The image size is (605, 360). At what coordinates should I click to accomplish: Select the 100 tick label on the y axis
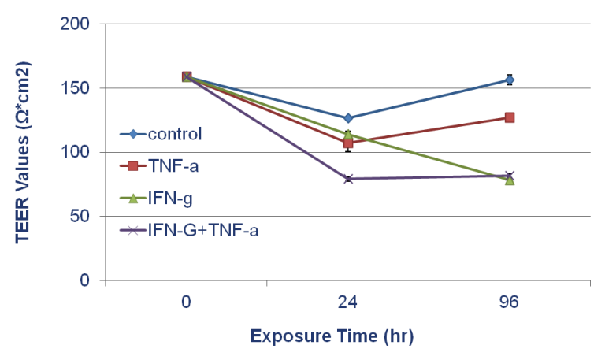click(x=77, y=154)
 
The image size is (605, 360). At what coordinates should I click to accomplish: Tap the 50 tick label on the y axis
click(x=80, y=217)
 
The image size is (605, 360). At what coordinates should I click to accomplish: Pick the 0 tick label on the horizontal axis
click(x=186, y=302)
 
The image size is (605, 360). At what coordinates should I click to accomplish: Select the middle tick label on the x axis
click(x=347, y=302)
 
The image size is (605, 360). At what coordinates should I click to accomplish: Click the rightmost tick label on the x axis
click(x=510, y=302)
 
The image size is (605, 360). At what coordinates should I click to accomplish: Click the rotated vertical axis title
click(x=23, y=158)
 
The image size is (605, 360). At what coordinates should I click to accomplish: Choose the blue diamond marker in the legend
click(x=133, y=134)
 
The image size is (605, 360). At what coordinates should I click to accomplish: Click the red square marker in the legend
click(x=133, y=165)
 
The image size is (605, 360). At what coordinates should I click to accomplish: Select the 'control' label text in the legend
click(x=175, y=134)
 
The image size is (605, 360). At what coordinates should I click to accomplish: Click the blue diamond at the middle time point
click(x=348, y=118)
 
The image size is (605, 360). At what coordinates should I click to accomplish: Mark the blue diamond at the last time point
click(x=510, y=80)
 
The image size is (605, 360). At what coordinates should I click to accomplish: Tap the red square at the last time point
click(x=510, y=117)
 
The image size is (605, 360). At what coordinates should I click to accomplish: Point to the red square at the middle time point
click(x=348, y=143)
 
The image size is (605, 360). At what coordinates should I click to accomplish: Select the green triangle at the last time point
click(x=510, y=181)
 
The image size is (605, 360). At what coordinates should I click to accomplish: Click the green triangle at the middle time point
click(x=348, y=134)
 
